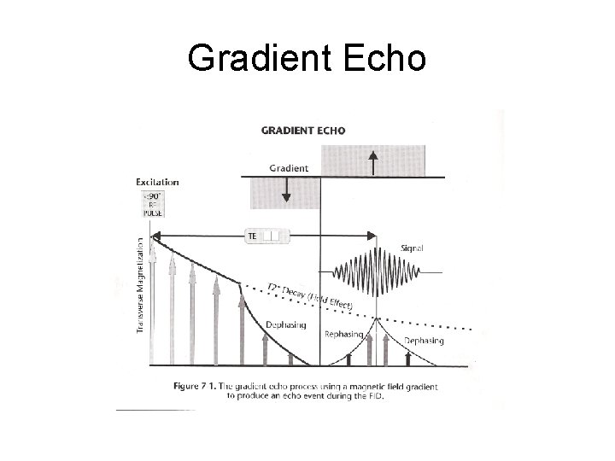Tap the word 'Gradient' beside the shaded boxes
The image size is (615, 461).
point(290,168)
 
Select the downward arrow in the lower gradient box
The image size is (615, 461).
point(287,193)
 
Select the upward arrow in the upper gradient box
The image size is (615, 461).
point(372,160)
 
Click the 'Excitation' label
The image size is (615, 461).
point(157,181)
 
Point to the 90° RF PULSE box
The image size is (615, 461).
point(155,204)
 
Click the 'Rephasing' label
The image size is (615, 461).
point(343,334)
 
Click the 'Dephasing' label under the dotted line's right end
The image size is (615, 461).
point(424,341)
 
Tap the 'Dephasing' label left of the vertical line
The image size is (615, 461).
point(285,324)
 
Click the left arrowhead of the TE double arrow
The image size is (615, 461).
point(155,236)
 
